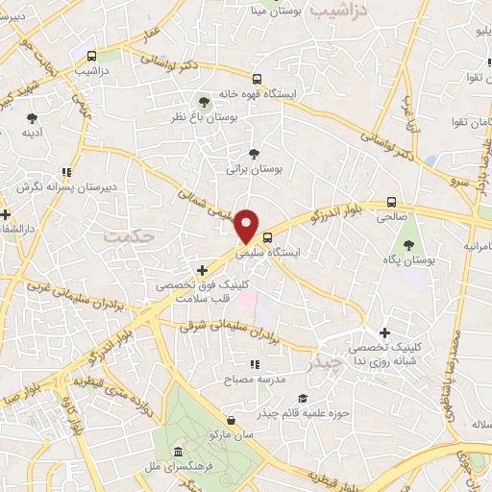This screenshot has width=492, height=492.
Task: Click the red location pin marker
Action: tap(248, 225)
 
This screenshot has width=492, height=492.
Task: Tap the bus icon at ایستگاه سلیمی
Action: tap(267, 237)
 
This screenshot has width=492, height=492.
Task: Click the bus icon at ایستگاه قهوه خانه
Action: tap(257, 79)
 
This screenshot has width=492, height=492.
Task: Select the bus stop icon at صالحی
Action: tap(390, 202)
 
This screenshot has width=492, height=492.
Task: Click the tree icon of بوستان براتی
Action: tap(254, 153)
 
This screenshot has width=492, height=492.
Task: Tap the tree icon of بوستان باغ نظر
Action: tap(203, 100)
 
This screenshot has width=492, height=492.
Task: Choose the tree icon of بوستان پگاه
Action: tap(408, 245)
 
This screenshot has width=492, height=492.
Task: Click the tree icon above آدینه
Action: tap(32, 118)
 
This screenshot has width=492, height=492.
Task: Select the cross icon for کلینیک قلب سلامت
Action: tap(201, 271)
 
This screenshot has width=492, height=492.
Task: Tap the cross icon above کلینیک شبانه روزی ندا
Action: tap(385, 332)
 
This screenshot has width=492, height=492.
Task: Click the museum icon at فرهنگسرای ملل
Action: tap(177, 453)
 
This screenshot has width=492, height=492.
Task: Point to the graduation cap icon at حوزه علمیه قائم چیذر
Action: tap(303, 398)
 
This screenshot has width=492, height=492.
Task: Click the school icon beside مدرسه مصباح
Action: tap(255, 364)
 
